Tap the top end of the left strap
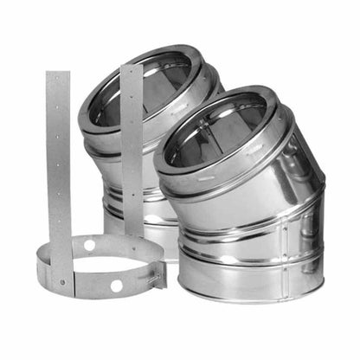(57, 76)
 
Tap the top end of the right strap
(132, 69)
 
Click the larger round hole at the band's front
(116, 285)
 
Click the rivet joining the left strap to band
(61, 280)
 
